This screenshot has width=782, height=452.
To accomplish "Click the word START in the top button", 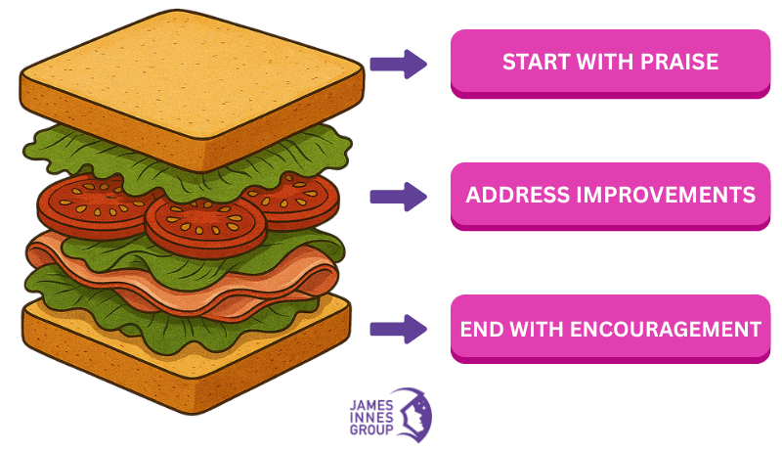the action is (534, 62).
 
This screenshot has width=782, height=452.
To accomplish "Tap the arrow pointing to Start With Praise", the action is (398, 65).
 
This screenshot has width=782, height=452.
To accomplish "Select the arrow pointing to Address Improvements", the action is (398, 196).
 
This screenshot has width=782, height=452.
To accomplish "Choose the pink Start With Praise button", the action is (610, 62).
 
